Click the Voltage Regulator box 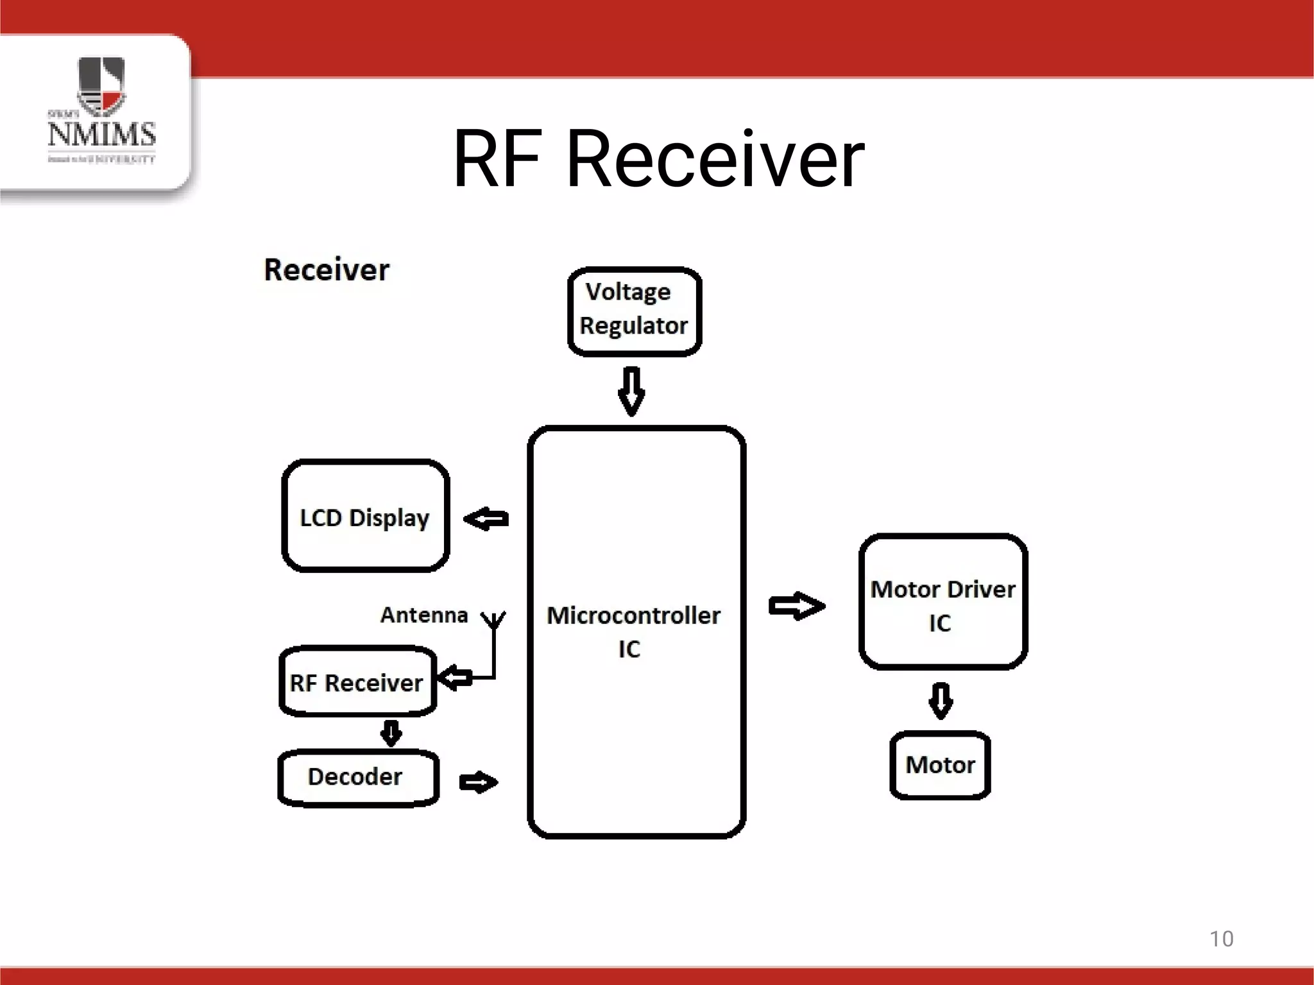[x=635, y=311]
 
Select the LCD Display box [x=365, y=516]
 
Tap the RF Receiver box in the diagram [x=357, y=681]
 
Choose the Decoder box [x=357, y=777]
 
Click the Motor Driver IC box [x=943, y=602]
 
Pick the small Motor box [x=940, y=765]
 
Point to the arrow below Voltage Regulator [x=631, y=391]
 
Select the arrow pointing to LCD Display [x=486, y=518]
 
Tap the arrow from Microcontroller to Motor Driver [x=796, y=606]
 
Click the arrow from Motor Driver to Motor [x=941, y=701]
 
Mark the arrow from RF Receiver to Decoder [x=391, y=733]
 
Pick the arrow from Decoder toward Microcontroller [x=479, y=782]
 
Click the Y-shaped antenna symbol [x=494, y=621]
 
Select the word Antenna [x=424, y=615]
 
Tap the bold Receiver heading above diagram [x=327, y=270]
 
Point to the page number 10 [x=1221, y=939]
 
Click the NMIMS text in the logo [x=101, y=134]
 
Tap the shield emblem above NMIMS [x=101, y=83]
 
